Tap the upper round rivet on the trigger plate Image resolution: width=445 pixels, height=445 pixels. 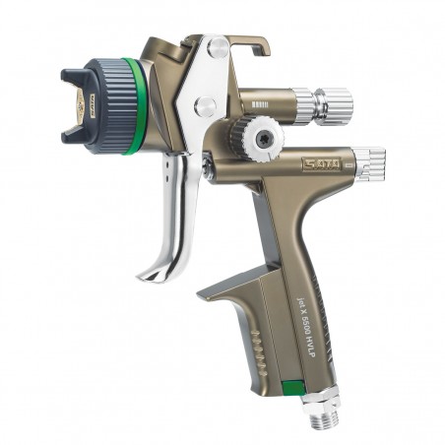tap(220, 48)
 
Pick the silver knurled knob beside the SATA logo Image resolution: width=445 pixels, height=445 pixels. tap(369, 163)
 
